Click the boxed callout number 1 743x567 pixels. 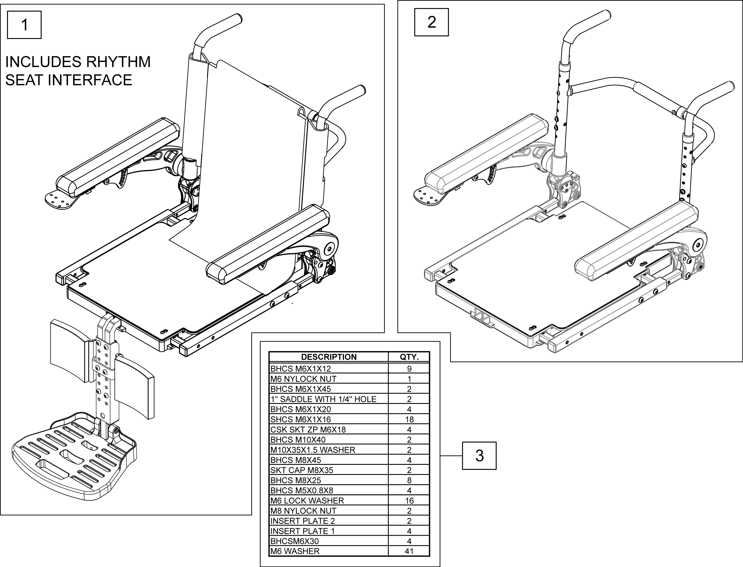point(24,25)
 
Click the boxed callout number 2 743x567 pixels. point(431,22)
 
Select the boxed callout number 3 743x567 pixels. point(479,456)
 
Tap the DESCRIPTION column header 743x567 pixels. point(328,357)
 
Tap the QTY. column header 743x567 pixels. point(409,357)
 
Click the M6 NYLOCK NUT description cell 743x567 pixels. point(303,379)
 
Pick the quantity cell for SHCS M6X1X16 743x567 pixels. point(409,419)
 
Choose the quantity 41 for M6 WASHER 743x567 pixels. point(409,551)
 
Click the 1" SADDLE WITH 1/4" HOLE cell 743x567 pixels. point(323,399)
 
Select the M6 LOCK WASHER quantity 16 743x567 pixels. point(409,500)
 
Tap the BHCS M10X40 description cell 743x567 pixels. point(298,439)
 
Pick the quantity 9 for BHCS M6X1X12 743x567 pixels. point(409,369)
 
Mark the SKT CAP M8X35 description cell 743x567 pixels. point(302,470)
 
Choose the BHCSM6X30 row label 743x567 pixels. point(295,541)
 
